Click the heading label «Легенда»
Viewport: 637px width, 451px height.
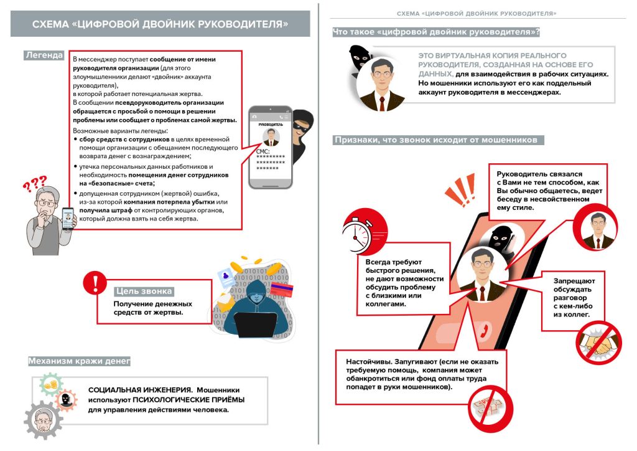pos(44,55)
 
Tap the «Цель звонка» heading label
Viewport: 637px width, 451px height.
pos(144,291)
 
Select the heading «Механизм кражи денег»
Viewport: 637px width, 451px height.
pos(79,361)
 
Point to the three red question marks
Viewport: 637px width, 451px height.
pos(35,184)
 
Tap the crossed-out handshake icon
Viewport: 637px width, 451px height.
pos(599,342)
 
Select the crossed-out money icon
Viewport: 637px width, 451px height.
pos(491,407)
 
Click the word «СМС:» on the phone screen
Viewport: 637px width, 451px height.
pos(263,151)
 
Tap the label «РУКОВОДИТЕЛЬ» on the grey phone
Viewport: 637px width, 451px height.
pos(271,125)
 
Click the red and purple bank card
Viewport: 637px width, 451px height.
pos(281,290)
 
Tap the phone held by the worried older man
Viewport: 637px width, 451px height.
pos(68,219)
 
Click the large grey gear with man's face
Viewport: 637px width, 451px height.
pos(43,420)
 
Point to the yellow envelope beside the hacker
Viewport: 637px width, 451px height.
pos(225,301)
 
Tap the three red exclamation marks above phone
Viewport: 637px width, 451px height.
pos(461,191)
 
